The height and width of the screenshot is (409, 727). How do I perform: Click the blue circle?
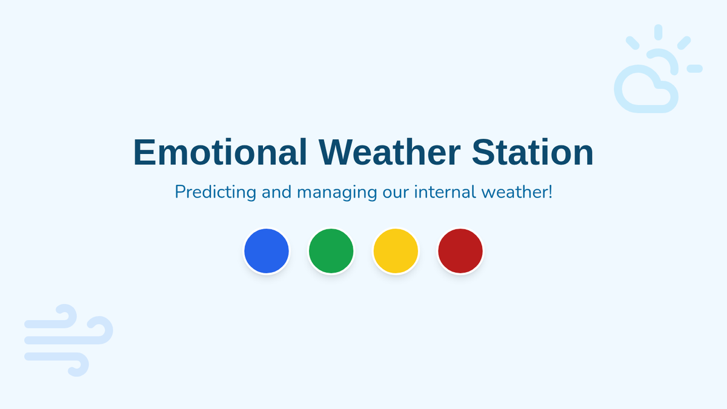[267, 251]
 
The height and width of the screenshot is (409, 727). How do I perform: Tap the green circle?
[331, 251]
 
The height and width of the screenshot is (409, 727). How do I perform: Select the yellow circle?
[396, 251]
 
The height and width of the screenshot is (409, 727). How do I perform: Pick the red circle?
[460, 251]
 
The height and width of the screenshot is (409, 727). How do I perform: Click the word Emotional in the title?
[220, 152]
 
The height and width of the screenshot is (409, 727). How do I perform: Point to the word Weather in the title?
[390, 152]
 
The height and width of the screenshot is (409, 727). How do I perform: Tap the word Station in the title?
[533, 152]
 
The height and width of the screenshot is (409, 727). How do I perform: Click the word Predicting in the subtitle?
[216, 192]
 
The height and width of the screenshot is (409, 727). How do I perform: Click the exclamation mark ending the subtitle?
[550, 191]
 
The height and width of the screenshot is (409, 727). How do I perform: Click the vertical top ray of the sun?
[658, 32]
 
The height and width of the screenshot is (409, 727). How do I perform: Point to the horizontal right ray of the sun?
[694, 68]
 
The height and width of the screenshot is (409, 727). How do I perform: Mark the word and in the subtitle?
[276, 191]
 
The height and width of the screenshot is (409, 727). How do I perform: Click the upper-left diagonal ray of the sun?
[632, 43]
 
